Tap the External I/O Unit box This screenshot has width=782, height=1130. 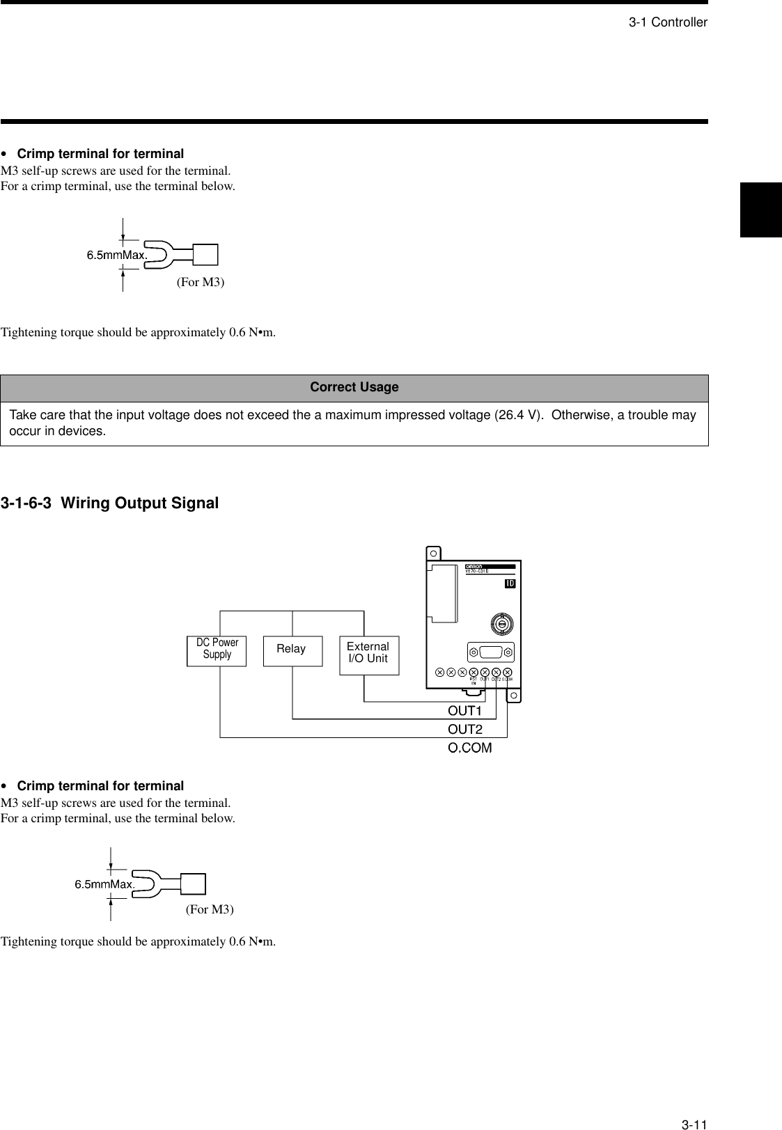point(369,654)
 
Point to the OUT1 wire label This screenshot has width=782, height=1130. point(464,711)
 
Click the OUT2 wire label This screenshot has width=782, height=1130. point(464,730)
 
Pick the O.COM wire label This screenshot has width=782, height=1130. point(469,748)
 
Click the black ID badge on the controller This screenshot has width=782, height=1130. point(510,583)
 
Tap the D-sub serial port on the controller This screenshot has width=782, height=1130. point(491,652)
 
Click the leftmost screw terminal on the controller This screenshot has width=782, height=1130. point(439,673)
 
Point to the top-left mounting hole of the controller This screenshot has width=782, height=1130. point(433,554)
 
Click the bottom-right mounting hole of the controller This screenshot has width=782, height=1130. point(513,696)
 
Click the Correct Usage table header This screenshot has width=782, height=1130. point(354,388)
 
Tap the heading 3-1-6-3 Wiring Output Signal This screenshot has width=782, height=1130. point(110,503)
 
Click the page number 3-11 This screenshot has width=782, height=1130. point(694,1105)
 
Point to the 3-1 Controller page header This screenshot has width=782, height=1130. point(668,23)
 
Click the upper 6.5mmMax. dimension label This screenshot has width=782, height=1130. point(117,255)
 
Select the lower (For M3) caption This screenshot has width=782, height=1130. point(210,909)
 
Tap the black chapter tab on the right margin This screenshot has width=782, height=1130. point(761,210)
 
